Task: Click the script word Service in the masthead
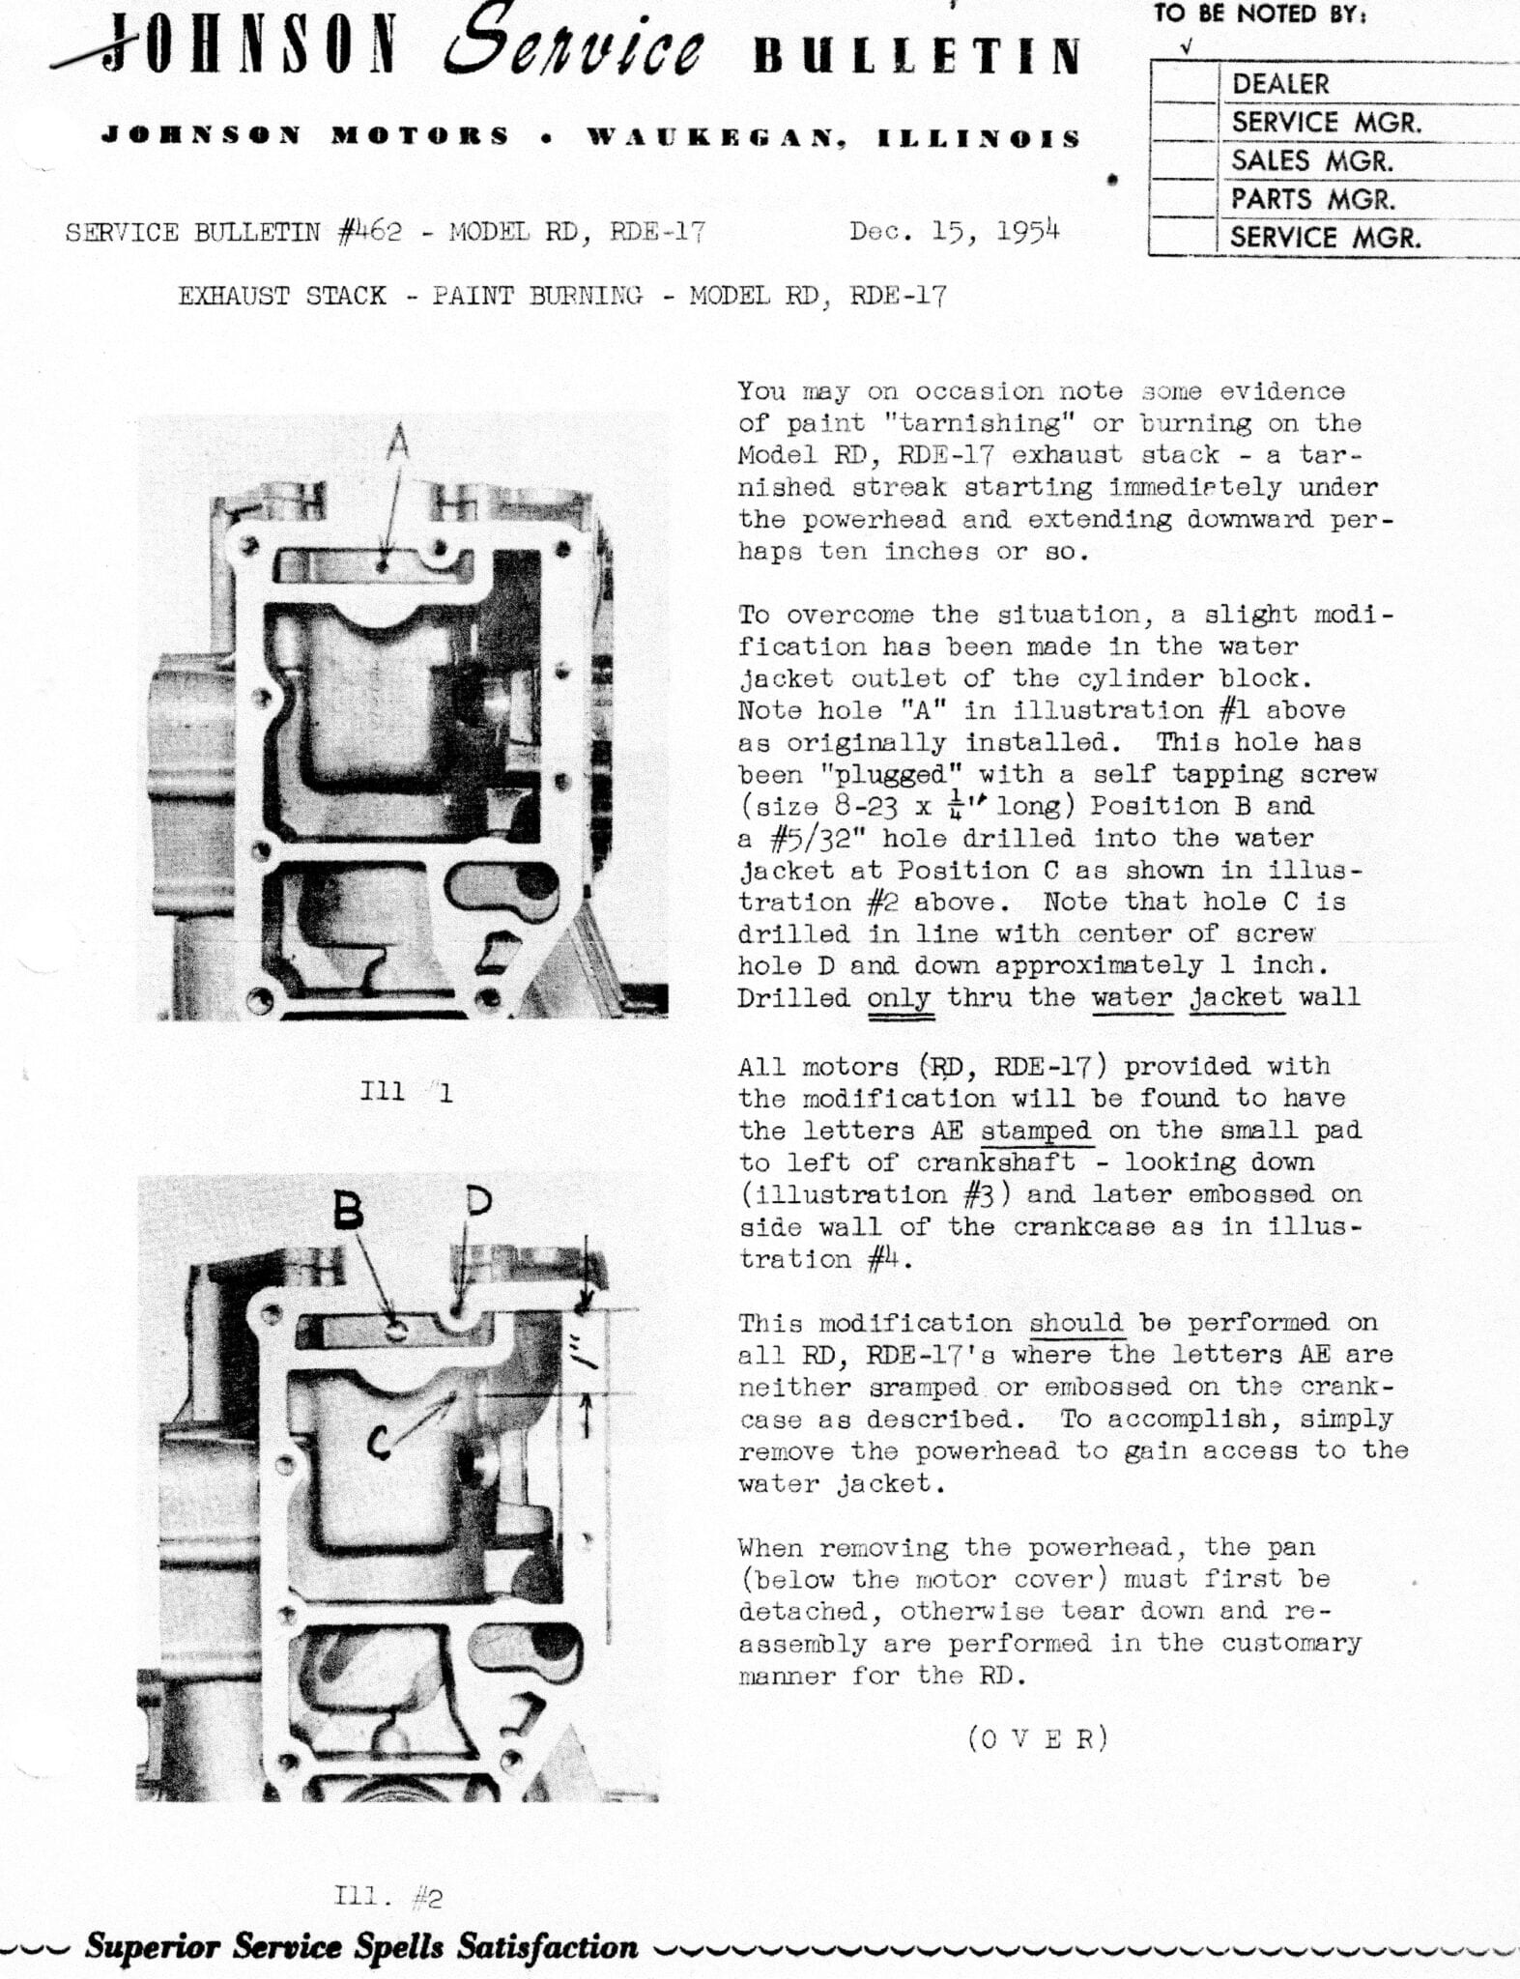point(574,48)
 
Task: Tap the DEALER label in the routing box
point(1279,84)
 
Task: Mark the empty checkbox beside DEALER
point(1184,84)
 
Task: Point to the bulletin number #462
point(369,233)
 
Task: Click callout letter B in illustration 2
point(349,1211)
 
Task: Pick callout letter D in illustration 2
point(478,1200)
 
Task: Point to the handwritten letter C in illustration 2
point(380,1444)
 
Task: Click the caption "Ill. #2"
point(387,1898)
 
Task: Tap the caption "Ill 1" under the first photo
point(405,1093)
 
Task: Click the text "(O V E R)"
point(1037,1739)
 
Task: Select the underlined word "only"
point(899,997)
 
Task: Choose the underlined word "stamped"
point(1036,1131)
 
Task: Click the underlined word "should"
point(1075,1323)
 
